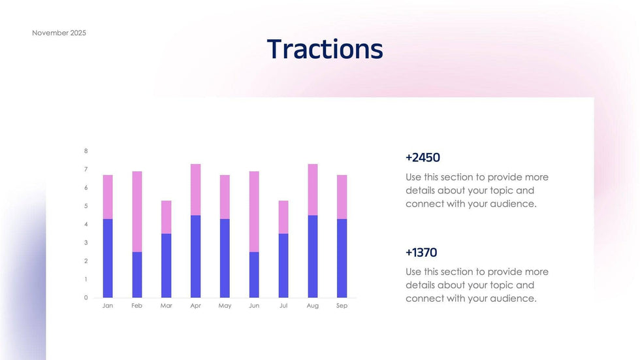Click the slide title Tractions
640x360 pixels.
pos(325,49)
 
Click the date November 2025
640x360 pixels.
pos(59,33)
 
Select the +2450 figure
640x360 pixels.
pos(423,157)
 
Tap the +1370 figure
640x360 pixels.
pos(421,252)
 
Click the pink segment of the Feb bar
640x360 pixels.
pos(137,211)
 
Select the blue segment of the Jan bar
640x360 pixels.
pos(108,258)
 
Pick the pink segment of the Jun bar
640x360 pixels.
pos(254,211)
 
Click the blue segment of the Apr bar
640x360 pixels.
pos(195,256)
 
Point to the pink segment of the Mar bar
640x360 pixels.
pos(167,217)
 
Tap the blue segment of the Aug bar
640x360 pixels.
pos(313,256)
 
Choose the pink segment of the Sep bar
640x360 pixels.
pos(342,197)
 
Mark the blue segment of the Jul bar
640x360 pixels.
pos(283,265)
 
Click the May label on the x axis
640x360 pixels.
pos(225,306)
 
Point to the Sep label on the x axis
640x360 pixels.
pos(342,306)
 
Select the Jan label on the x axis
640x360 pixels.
pos(108,306)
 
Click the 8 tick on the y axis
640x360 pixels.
pos(86,151)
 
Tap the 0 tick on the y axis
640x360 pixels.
pos(86,297)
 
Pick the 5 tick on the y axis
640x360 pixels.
pos(86,206)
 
